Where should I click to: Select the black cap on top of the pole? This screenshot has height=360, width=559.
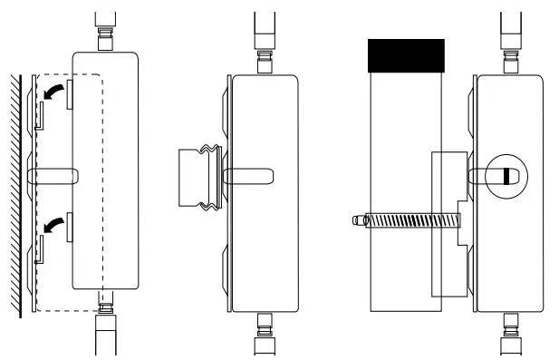pyautogui.click(x=406, y=55)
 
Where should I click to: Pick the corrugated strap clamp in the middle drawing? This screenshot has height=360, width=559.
pyautogui.click(x=196, y=180)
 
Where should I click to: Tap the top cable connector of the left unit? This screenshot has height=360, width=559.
pyautogui.click(x=106, y=42)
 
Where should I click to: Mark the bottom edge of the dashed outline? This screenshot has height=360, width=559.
pyautogui.click(x=68, y=310)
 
